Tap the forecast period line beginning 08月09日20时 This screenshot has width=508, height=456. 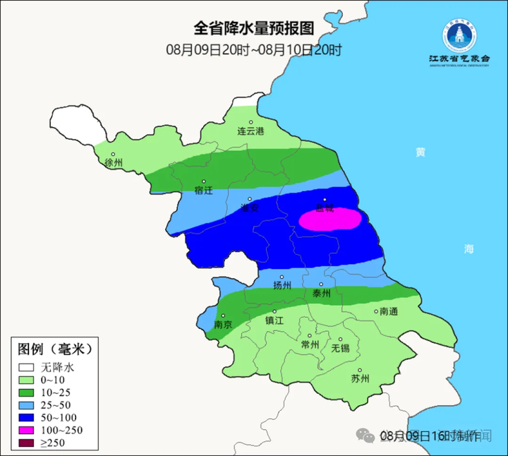coord(253,49)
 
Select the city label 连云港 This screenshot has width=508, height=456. coord(250,131)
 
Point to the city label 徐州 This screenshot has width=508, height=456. coord(113,163)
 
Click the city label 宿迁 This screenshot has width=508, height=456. coord(203,191)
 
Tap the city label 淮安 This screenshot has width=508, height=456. coord(250,208)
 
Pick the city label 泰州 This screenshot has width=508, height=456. coord(321,293)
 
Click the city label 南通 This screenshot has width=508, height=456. coord(389,311)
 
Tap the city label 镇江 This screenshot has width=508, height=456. coord(274,320)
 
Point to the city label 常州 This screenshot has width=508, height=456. coord(310,344)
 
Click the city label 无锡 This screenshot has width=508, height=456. coord(340,348)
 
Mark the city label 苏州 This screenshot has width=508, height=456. coord(360,378)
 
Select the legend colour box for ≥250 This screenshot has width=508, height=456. coord(27,443)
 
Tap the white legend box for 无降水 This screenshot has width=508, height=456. coord(27,368)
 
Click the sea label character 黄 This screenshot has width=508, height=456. coord(421,152)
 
